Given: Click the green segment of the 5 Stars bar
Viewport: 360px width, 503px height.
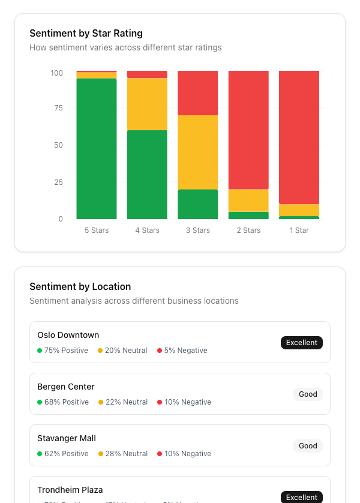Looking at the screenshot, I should coord(97,148).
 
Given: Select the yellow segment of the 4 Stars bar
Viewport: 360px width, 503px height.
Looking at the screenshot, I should coord(147,104).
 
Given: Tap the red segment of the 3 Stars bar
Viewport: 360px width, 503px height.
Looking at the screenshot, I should coord(197,92).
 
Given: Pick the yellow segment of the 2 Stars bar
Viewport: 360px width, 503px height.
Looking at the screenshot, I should coord(248,200).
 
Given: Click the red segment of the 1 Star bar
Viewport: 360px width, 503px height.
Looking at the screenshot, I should coord(299,137).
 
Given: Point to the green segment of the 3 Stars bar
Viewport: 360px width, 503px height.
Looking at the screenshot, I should coord(197,204).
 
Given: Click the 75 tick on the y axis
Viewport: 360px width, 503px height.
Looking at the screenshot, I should coord(57,108).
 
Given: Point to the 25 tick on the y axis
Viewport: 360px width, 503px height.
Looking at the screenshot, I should coord(57,182).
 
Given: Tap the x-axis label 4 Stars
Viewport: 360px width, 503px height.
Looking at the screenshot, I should coord(147,230).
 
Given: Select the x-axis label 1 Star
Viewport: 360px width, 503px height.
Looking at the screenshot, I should coord(299,230).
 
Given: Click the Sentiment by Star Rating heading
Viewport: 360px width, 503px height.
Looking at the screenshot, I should coord(86,34).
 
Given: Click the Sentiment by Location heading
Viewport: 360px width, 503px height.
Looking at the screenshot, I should coord(80,287).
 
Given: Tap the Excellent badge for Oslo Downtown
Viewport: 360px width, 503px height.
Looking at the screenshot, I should coord(301,343).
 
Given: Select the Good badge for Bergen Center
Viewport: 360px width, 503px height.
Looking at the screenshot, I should coord(308,394).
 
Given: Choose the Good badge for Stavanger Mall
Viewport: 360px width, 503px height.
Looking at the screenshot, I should coord(308,446).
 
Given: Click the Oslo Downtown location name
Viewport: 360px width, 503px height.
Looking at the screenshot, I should coord(68,335).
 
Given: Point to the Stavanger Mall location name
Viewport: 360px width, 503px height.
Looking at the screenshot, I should coord(67,438).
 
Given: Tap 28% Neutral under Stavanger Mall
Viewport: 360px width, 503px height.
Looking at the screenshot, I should coord(126,454).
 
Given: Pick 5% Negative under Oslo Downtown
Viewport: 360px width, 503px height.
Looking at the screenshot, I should coord(185,351).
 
